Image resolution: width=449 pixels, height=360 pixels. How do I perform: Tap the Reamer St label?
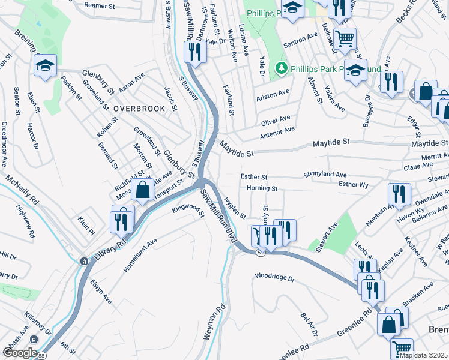click(x=100, y=5)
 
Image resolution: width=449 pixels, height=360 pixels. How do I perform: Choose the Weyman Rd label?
click(x=214, y=323)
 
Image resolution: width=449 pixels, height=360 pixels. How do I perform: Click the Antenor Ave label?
click(x=277, y=131)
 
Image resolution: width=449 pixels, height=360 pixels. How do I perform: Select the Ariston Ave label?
click(x=273, y=95)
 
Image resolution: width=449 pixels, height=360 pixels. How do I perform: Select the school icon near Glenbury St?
click(x=46, y=66)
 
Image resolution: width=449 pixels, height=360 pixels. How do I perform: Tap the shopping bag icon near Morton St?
click(x=142, y=191)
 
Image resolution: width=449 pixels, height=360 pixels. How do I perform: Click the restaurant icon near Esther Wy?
click(x=397, y=194)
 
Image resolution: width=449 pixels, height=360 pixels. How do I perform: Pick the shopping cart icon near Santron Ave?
click(x=345, y=38)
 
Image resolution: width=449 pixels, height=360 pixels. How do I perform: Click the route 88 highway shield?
click(x=41, y=356)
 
